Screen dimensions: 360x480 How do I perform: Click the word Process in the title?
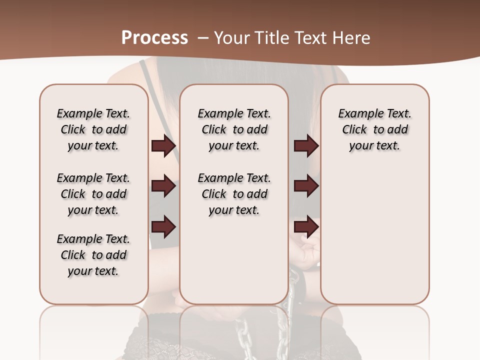point(154,38)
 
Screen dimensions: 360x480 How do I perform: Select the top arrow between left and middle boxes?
point(163,146)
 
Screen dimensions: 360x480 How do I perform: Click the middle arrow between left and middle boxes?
point(163,186)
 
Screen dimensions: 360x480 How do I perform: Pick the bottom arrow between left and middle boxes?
point(163,227)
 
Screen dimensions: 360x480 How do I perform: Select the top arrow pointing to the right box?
point(306,146)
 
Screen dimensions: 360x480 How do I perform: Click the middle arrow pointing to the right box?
point(306,186)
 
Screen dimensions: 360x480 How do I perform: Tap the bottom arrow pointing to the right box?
point(306,227)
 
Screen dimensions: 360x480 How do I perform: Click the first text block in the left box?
point(93,129)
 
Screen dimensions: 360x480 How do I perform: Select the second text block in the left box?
point(93,194)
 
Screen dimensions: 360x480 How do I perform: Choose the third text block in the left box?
point(93,255)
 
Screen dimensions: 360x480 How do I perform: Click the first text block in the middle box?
point(234,129)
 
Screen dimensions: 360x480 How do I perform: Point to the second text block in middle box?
point(234,194)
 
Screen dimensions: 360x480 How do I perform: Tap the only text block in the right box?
point(374,129)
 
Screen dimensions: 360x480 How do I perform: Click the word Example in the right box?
point(359,114)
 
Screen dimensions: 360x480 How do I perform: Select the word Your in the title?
point(232,38)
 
